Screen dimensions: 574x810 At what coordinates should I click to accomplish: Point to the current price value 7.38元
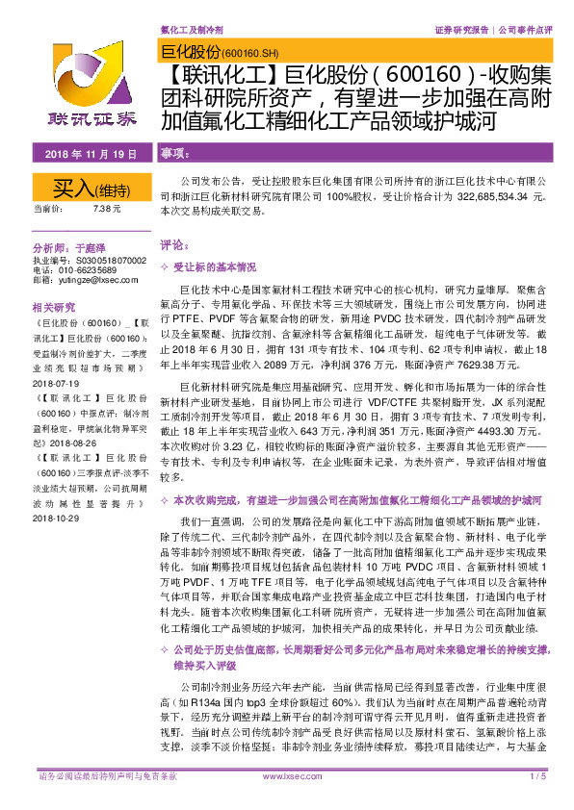107,208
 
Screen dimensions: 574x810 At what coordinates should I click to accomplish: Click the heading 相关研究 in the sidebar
54,308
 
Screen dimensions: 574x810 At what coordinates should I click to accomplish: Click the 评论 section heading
171,245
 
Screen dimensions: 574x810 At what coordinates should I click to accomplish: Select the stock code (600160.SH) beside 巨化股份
250,53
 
